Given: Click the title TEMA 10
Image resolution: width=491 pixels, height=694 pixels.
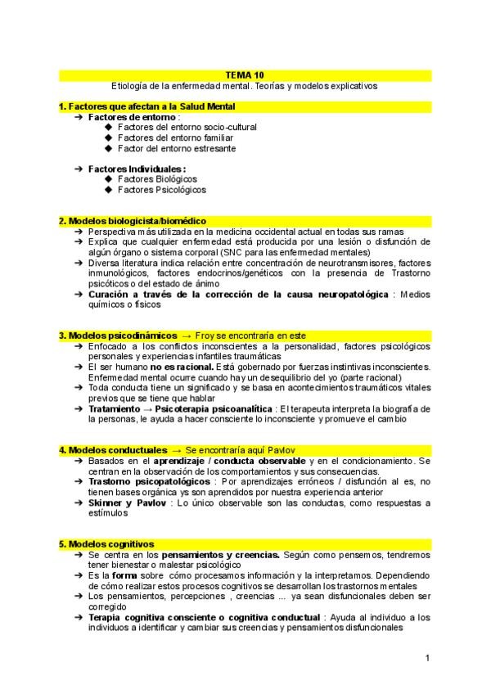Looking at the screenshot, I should [244, 74].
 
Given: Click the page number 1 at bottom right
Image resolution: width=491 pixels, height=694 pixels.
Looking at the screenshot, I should [427, 658].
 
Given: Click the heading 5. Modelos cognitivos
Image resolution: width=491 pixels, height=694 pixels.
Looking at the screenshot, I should [106, 544].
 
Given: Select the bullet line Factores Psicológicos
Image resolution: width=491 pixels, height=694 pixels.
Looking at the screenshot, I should [161, 190].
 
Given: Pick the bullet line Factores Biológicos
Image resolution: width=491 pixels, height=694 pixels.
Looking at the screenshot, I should [157, 179].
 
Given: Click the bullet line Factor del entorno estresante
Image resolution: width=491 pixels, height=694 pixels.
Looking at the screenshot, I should [177, 149].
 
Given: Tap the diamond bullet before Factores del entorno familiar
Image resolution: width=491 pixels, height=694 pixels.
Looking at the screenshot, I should [109, 138].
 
